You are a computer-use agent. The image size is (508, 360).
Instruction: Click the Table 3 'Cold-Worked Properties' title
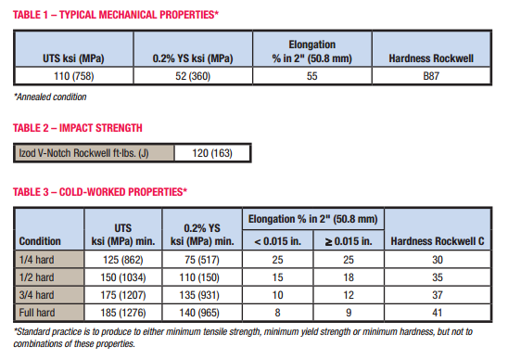tap(100, 192)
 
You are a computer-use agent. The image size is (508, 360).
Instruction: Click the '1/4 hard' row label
tap(37, 261)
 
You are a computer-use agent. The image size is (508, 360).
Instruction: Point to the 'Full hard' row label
tap(39, 311)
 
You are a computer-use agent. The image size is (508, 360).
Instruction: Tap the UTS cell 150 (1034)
tap(121, 277)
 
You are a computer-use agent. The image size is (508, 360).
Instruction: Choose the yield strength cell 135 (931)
tap(200, 294)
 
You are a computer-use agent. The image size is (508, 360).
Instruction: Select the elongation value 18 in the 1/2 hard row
tap(348, 277)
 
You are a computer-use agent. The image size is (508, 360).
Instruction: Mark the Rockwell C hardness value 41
tap(438, 311)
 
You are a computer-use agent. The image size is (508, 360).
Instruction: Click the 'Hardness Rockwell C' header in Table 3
tap(438, 241)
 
